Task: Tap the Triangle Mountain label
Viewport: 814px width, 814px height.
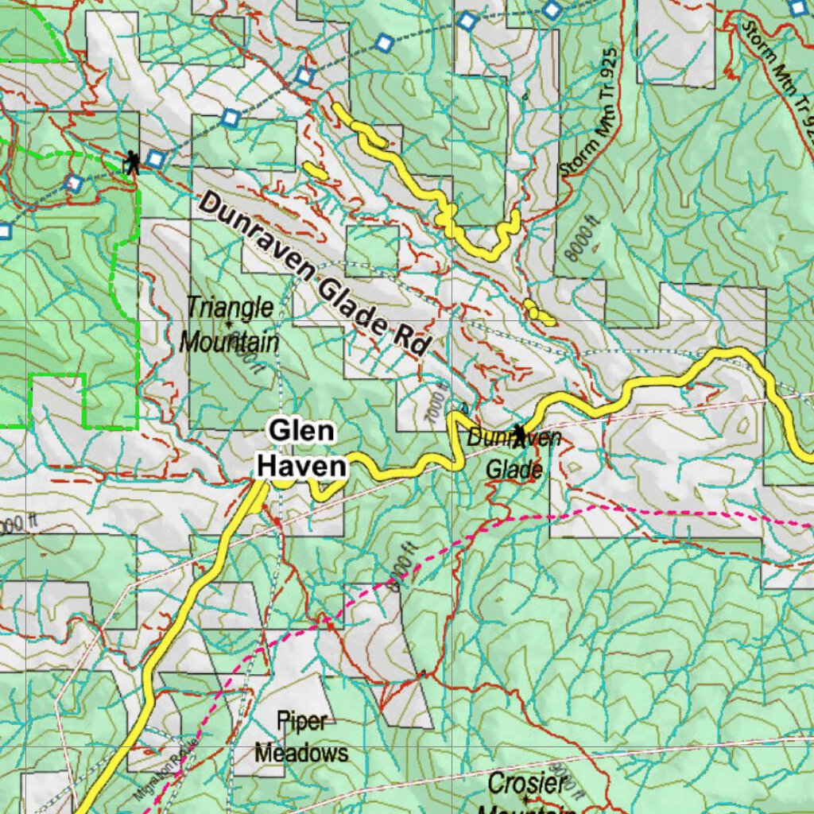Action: point(229,325)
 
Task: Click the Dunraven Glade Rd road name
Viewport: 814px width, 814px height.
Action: point(313,274)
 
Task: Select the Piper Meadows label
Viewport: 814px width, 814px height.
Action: point(301,737)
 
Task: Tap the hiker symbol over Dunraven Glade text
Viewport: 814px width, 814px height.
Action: point(519,436)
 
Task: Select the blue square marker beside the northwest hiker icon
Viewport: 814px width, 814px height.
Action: point(156,159)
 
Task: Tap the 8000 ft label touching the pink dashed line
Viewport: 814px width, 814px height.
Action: point(404,572)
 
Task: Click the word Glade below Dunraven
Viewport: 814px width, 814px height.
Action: point(514,470)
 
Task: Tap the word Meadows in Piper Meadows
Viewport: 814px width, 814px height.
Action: point(301,752)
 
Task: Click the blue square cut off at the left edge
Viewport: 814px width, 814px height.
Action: point(4,231)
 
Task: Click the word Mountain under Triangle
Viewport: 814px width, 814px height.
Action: point(229,343)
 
